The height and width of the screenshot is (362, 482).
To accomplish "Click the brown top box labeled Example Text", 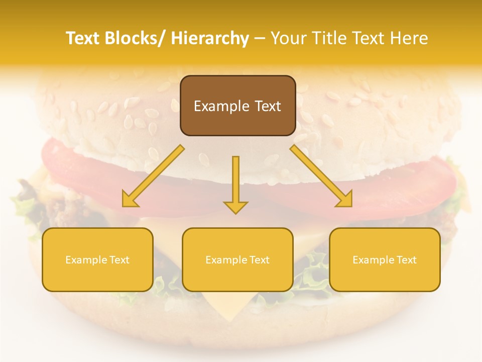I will (237, 106).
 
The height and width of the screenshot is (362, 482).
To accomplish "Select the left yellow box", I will (97, 259).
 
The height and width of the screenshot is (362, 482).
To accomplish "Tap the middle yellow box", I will (237, 259).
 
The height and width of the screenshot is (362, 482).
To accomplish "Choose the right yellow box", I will (385, 259).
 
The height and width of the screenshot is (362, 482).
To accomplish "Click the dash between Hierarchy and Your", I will (260, 39).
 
